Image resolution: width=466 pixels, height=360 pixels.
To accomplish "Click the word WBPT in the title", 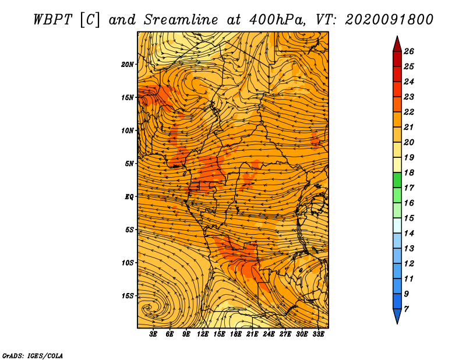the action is (52, 20).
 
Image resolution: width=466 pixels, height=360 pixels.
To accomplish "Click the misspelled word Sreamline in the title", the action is (181, 20).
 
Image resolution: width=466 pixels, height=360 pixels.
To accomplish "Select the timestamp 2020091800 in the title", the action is (389, 20).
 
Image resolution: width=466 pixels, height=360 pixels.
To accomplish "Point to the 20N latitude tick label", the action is (128, 65).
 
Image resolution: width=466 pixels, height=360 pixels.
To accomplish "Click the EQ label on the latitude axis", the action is (129, 197).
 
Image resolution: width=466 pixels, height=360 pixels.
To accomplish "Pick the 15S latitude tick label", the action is (128, 296).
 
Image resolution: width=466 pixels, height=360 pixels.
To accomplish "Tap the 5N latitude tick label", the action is (129, 164).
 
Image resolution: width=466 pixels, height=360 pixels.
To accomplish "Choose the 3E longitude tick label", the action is (153, 334).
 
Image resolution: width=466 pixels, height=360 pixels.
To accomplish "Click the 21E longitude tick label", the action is (252, 334).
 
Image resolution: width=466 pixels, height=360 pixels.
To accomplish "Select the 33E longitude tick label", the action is (318, 334).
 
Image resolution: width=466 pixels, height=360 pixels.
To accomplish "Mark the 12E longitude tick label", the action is (202, 334).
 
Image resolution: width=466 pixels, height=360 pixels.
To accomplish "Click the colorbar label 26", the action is (409, 51).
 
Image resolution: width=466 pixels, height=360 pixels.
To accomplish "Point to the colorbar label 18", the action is (409, 172).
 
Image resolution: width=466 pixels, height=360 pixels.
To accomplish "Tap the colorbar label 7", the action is (406, 309).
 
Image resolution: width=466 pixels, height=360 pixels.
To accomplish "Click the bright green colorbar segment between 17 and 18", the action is (397, 180).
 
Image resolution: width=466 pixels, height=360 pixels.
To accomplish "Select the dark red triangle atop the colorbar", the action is (397, 44).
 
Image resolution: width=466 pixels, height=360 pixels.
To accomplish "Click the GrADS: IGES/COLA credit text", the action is (33, 356).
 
